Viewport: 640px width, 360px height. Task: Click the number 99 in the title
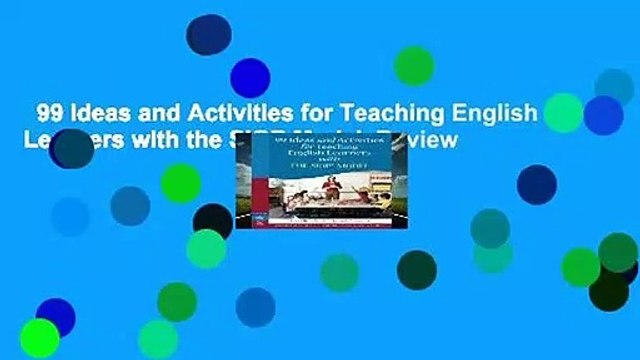click(47, 113)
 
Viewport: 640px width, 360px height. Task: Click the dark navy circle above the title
click(208, 35)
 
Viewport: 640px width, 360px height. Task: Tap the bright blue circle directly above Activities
click(249, 77)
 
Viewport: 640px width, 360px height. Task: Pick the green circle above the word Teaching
click(413, 66)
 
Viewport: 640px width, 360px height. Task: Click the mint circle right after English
click(563, 112)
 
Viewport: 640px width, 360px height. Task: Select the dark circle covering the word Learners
click(71, 147)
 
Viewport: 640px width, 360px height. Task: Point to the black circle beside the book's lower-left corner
click(212, 221)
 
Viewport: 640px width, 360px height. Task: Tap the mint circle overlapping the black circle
click(205, 249)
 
